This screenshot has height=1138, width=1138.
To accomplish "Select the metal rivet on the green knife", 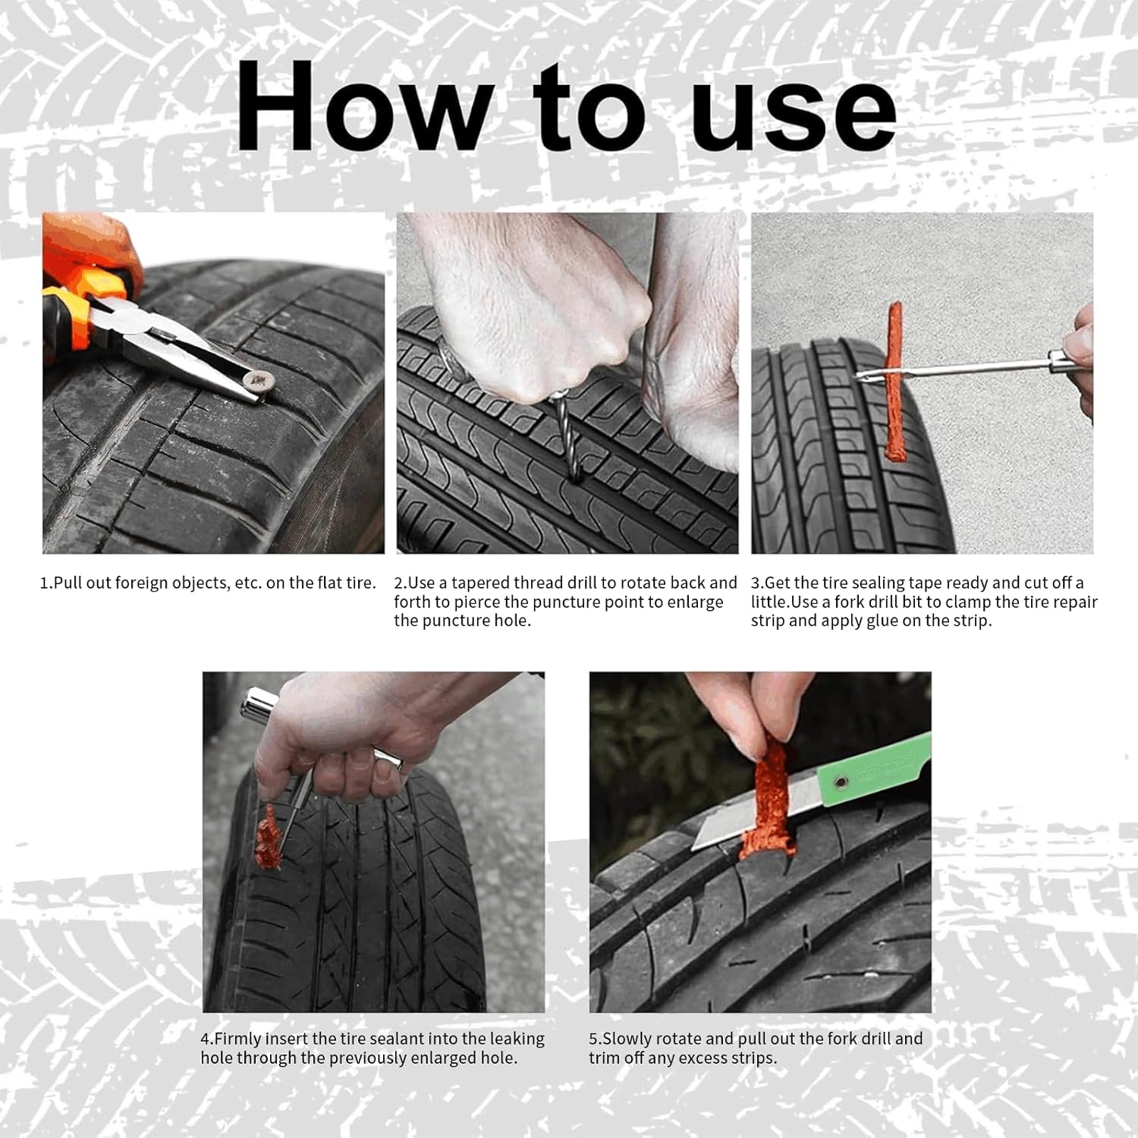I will [840, 780].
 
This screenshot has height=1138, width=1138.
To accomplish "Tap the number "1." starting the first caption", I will [46, 583].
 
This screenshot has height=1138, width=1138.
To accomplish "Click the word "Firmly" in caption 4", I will [238, 1039].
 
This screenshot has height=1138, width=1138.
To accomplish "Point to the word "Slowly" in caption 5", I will [627, 1039].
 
